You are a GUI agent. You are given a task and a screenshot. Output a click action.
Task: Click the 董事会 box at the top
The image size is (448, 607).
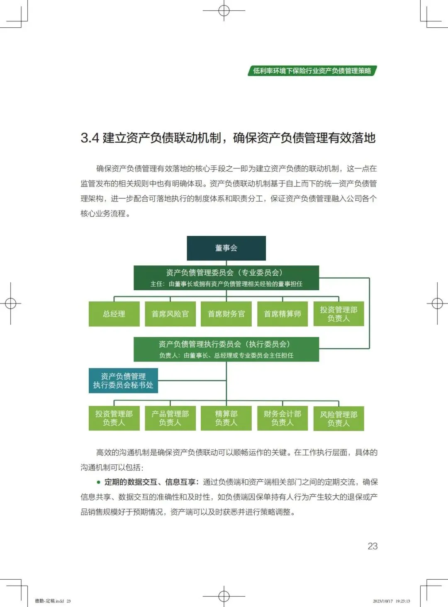[226, 248]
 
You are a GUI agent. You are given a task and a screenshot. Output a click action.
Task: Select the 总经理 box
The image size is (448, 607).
[114, 314]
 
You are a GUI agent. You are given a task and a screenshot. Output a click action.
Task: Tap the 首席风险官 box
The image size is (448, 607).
[170, 314]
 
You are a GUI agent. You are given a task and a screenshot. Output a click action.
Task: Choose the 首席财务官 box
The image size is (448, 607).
[226, 314]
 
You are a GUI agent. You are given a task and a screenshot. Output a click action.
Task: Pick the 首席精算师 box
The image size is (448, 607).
[282, 314]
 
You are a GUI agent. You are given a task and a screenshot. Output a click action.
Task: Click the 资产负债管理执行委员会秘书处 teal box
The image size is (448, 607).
[123, 381]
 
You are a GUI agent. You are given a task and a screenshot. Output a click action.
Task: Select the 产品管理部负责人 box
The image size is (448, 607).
[170, 418]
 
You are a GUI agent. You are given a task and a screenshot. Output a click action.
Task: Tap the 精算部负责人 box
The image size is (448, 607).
[226, 418]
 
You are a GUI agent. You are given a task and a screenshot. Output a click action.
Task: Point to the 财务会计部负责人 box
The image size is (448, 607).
[282, 418]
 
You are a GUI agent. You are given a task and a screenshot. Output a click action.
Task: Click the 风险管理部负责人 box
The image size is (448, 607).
[338, 418]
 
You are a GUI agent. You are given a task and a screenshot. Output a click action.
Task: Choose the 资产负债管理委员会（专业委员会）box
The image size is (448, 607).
[226, 278]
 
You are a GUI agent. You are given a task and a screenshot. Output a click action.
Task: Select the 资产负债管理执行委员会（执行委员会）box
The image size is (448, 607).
[226, 349]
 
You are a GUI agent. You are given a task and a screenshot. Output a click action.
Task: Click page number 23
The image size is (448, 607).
[373, 546]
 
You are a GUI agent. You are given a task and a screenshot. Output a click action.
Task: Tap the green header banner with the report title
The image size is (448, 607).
[312, 71]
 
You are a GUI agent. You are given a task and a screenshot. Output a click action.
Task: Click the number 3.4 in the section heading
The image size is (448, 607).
[90, 138]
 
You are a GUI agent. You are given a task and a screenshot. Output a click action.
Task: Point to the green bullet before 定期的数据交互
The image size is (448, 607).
[99, 482]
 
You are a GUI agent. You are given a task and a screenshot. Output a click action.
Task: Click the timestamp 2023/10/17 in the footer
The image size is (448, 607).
[382, 601]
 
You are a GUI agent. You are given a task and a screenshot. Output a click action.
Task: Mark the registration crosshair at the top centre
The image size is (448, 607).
[224, 10]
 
